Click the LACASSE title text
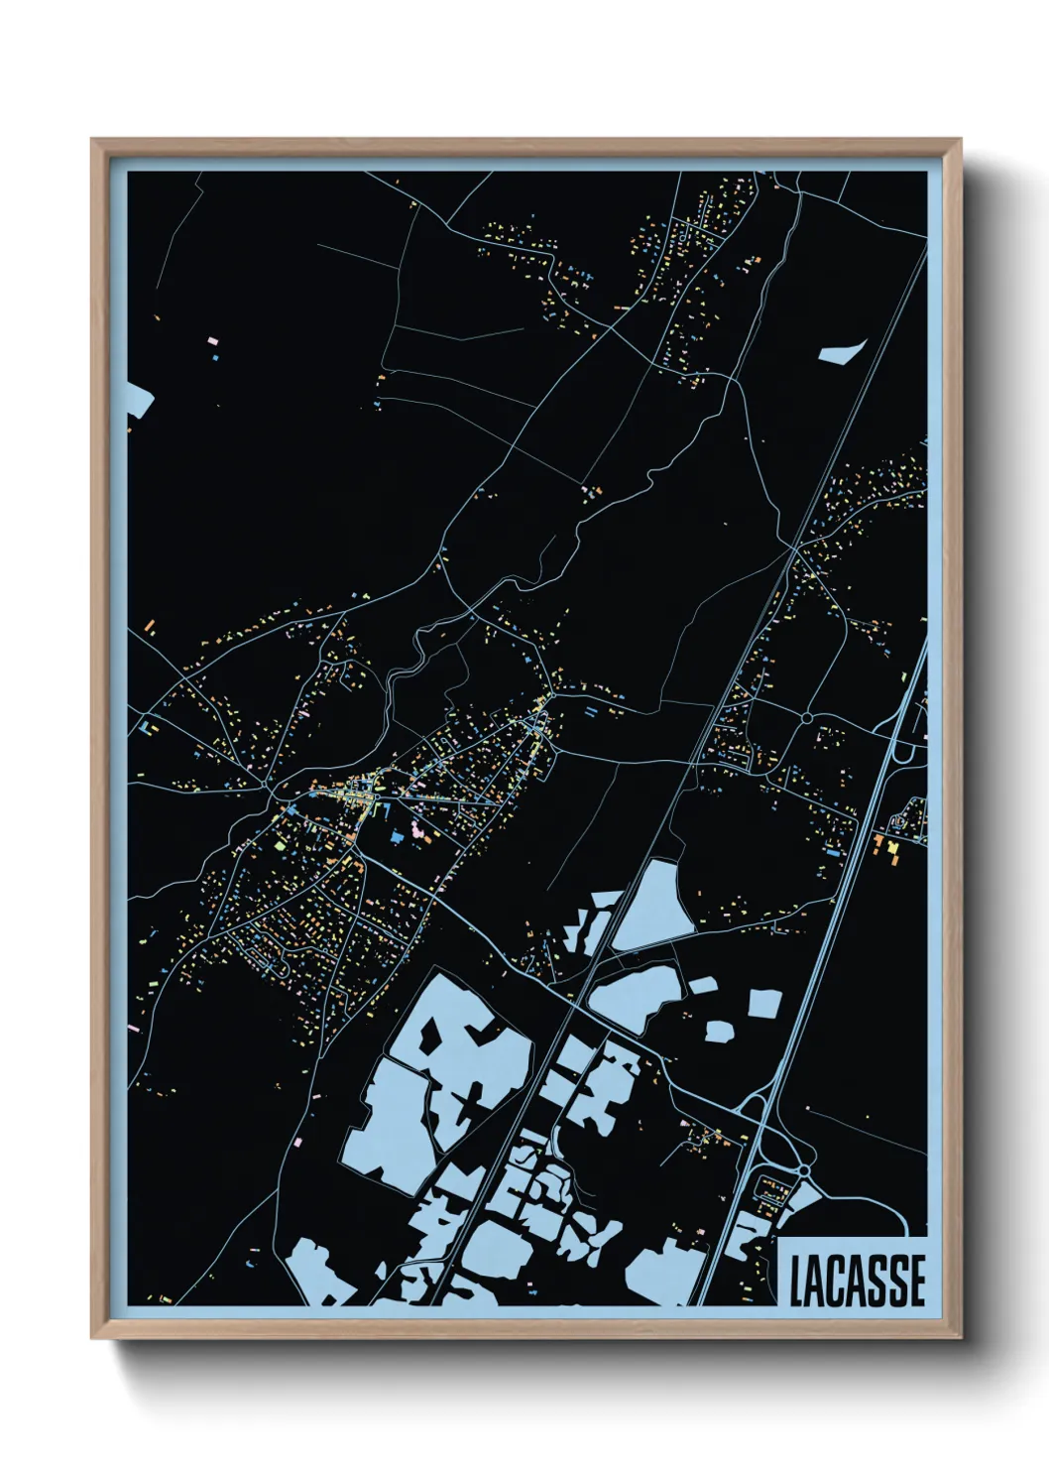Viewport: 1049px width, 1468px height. pyautogui.click(x=858, y=1281)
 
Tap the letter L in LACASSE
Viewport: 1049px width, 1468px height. pyautogui.click(x=797, y=1281)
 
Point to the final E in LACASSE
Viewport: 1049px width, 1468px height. pyautogui.click(x=917, y=1281)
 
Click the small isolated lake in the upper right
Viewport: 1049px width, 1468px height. pyautogui.click(x=841, y=352)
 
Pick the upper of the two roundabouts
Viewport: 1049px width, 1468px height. pyautogui.click(x=807, y=717)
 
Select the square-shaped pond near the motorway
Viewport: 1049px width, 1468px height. pyautogui.click(x=764, y=1003)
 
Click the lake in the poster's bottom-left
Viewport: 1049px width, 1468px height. pyautogui.click(x=315, y=1267)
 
